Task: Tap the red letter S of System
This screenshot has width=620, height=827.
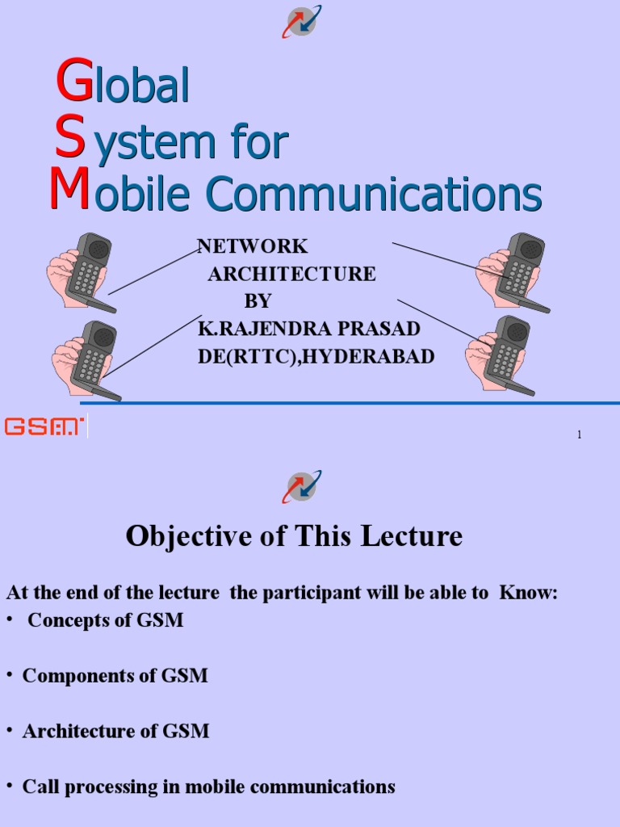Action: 70,138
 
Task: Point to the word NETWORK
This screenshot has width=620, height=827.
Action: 253,247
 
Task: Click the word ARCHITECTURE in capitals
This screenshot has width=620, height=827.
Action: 291,274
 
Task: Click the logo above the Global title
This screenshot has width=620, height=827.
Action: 301,21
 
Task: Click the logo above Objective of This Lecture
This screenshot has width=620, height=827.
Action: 301,486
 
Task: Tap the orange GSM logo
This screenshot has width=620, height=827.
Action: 44,426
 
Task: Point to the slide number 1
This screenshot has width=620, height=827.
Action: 579,435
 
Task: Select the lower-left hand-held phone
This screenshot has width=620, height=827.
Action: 88,359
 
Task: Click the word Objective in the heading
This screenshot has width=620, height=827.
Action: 175,536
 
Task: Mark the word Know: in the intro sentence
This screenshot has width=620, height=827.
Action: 529,593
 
